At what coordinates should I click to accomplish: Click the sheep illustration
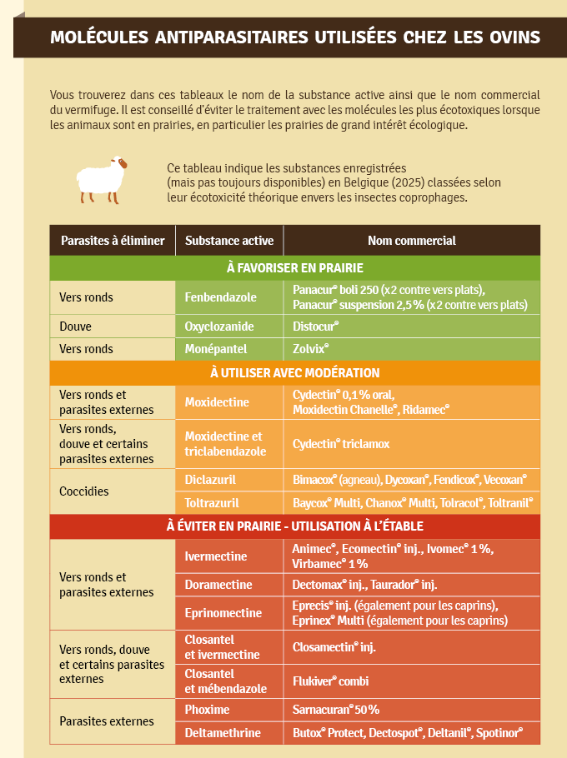point(101,177)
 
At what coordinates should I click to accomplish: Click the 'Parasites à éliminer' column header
point(113,241)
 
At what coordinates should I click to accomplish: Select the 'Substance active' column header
point(229,241)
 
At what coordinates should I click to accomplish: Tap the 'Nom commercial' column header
point(412,241)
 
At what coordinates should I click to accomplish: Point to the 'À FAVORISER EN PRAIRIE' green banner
point(294,267)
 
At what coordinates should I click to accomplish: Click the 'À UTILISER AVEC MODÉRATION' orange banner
point(294,372)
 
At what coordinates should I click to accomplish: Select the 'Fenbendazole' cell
point(221,297)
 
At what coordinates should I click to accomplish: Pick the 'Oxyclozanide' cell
point(219,326)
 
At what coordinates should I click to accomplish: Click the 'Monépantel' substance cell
point(217,349)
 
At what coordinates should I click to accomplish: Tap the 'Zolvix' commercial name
point(311,349)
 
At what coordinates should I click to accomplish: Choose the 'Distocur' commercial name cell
point(316,326)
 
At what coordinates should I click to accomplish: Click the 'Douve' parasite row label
point(75,326)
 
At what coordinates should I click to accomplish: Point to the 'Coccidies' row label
point(84,491)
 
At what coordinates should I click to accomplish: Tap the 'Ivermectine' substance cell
point(216,556)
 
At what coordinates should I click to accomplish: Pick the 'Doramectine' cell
point(218,585)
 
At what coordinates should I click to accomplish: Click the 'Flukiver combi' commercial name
point(330,681)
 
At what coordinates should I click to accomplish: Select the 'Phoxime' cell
point(207,710)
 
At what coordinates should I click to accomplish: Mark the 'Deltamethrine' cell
point(223,733)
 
